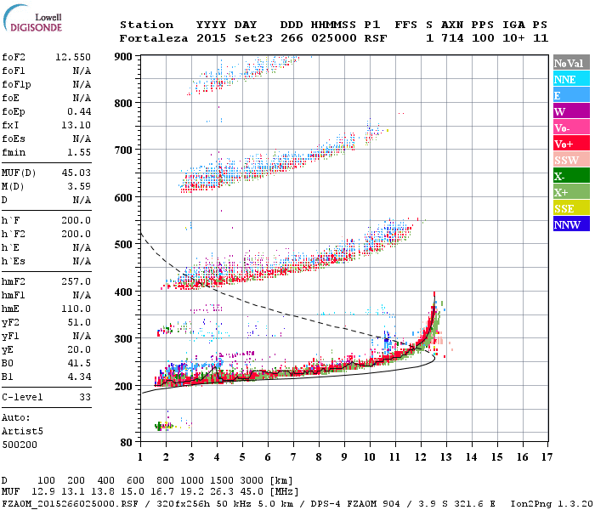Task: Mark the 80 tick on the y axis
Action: [x=127, y=443]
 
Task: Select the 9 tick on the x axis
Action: [x=344, y=456]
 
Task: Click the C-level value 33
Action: [x=84, y=397]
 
